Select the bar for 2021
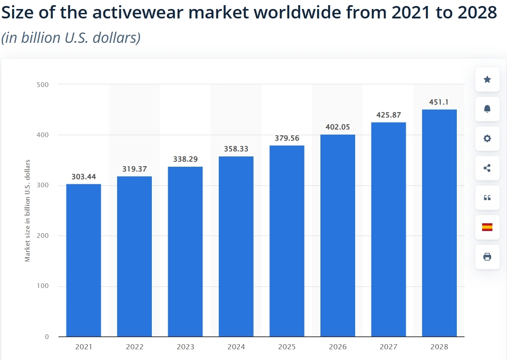tap(84, 260)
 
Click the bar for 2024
tap(236, 246)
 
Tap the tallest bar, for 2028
tap(439, 223)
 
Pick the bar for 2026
tap(338, 236)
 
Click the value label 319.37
tap(134, 169)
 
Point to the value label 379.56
tap(287, 138)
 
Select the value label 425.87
tap(389, 115)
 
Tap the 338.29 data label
tap(185, 159)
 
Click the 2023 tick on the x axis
tap(185, 346)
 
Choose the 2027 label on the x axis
tap(389, 346)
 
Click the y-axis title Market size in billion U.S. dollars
tap(27, 210)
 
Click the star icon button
tap(487, 79)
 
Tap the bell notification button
tap(487, 109)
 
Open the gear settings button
tap(487, 138)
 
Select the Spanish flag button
tap(487, 227)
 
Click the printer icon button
tap(487, 257)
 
